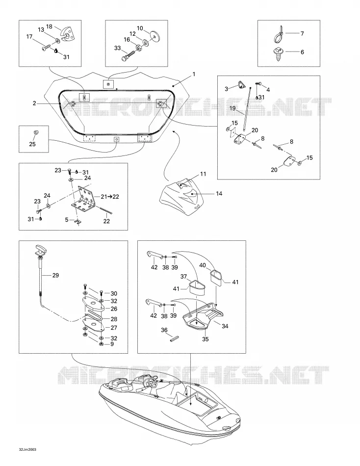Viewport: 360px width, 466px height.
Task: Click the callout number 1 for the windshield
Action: [x=194, y=74]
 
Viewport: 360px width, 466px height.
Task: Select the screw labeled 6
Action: [x=278, y=54]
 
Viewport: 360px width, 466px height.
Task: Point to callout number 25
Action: [x=32, y=144]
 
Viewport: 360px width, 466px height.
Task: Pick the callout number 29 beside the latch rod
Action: [x=55, y=275]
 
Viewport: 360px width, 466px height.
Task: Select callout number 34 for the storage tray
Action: [x=225, y=326]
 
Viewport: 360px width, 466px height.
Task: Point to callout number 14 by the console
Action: [x=219, y=193]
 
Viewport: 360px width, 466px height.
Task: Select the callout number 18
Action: [x=50, y=26]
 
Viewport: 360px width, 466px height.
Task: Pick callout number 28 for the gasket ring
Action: [x=114, y=319]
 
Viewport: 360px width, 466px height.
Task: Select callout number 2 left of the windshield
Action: [x=34, y=103]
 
